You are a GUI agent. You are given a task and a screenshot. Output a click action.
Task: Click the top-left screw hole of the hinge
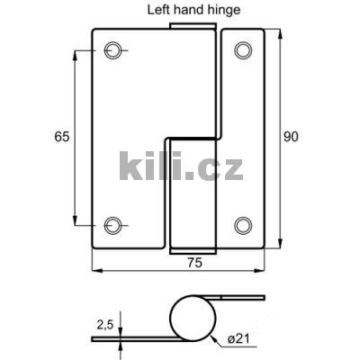pyautogui.click(x=112, y=50)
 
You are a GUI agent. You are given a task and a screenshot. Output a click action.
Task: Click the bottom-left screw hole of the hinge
pyautogui.click(x=112, y=224)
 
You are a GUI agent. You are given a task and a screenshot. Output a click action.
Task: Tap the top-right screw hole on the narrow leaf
pyautogui.click(x=244, y=50)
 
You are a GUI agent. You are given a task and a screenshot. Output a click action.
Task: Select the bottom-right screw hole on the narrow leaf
pyautogui.click(x=244, y=224)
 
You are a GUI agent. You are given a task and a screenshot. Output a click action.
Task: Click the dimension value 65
pyautogui.click(x=61, y=137)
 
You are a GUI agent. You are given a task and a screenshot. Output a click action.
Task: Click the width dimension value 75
pyautogui.click(x=192, y=263)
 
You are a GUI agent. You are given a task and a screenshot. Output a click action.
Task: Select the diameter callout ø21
pyautogui.click(x=238, y=337)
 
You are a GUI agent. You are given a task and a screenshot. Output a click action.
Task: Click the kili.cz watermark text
pyautogui.click(x=180, y=166)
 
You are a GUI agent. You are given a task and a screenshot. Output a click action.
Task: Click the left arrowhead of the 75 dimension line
pyautogui.click(x=95, y=269)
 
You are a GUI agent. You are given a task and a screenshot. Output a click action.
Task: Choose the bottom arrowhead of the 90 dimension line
pyautogui.click(x=281, y=244)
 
